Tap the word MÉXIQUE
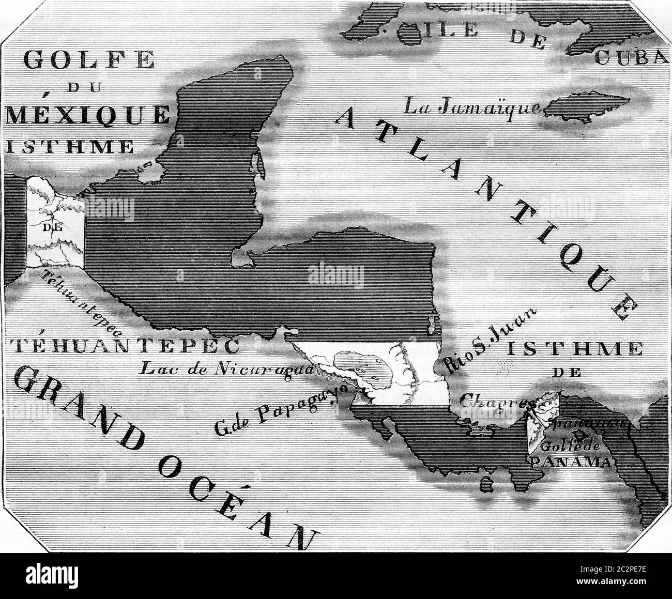click(x=85, y=114)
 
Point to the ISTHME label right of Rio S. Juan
click(x=574, y=349)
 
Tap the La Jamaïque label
click(x=471, y=107)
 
